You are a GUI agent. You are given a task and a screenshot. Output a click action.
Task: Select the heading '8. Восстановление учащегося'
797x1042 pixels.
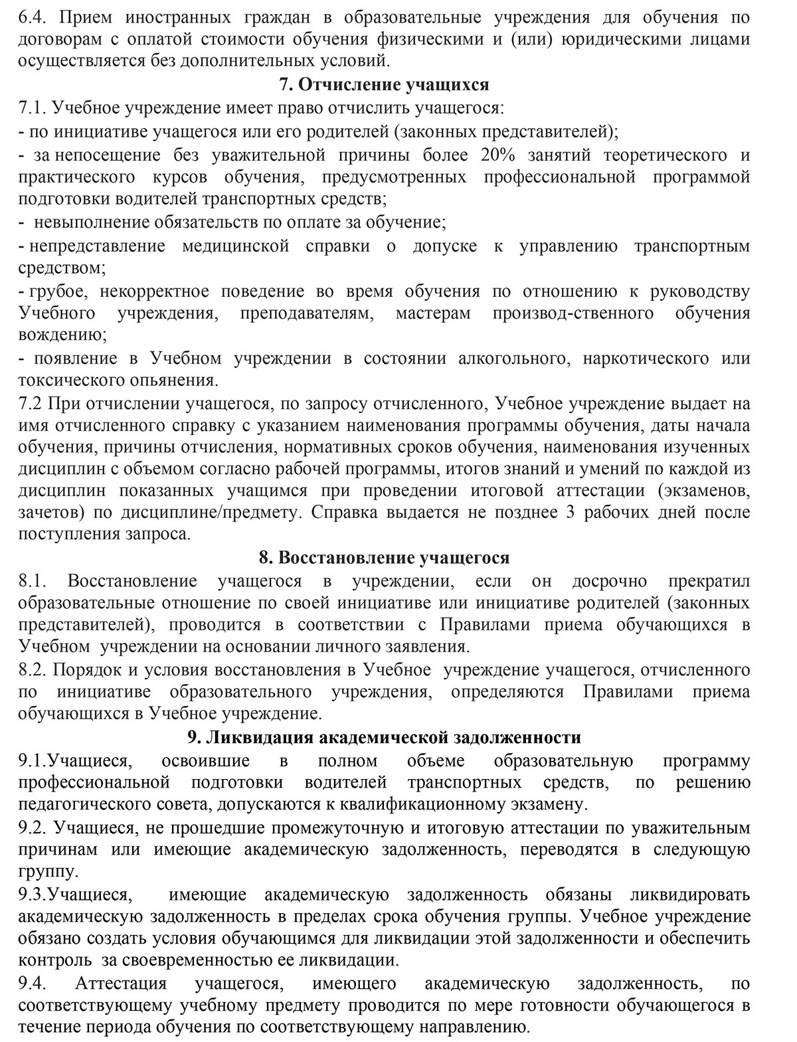click(x=384, y=558)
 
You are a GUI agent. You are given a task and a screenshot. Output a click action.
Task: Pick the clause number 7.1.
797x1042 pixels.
click(x=31, y=108)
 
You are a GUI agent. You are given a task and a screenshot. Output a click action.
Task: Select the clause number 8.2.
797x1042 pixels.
click(x=31, y=669)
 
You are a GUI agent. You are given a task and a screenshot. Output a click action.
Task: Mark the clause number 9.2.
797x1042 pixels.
click(x=31, y=828)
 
